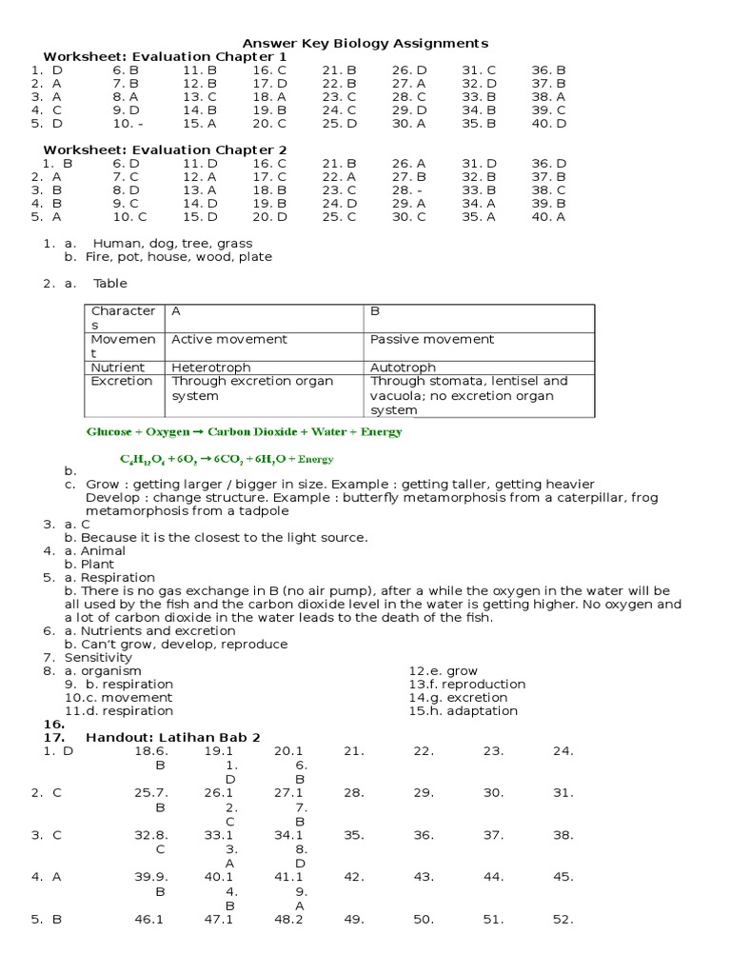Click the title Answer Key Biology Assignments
tap(365, 43)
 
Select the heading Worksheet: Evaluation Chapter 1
tap(165, 56)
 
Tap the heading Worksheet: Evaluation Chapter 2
tap(165, 149)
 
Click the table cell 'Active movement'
tap(228, 339)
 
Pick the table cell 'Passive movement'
tap(431, 339)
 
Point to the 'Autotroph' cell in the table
tap(403, 367)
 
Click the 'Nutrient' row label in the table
tap(117, 367)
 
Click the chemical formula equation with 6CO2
tap(227, 458)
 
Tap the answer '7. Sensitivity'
tap(91, 657)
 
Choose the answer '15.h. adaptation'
tap(463, 710)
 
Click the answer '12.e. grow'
tap(443, 670)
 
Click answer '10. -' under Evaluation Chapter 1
tap(128, 123)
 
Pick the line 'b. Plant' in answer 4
tap(89, 564)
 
